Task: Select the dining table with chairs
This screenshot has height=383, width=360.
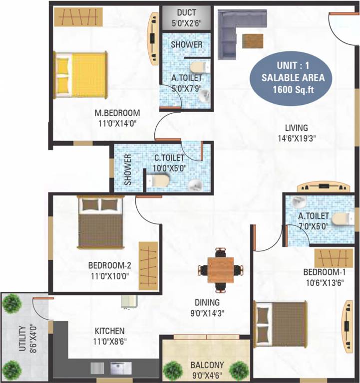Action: tap(220, 269)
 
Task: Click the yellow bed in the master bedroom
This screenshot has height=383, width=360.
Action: tap(81, 75)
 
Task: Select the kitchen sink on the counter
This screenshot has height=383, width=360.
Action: tap(120, 368)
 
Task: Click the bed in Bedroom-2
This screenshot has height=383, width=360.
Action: tap(100, 222)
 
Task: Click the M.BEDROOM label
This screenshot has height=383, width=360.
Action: tap(117, 112)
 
